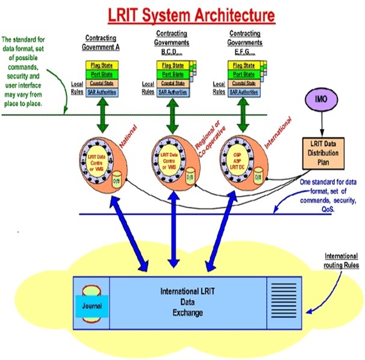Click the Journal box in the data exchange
[x=92, y=305]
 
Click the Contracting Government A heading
[x=98, y=42]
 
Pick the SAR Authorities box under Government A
[x=101, y=92]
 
